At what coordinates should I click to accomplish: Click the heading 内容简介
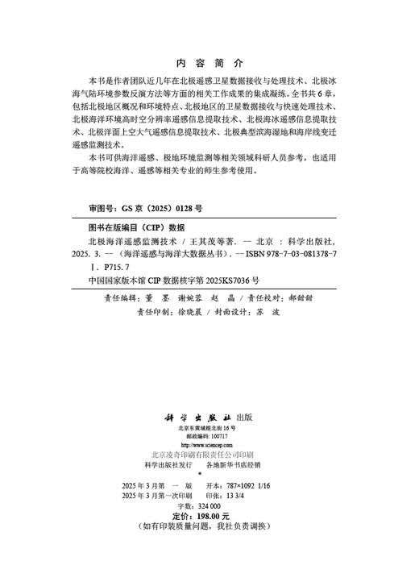pyautogui.click(x=208, y=62)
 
